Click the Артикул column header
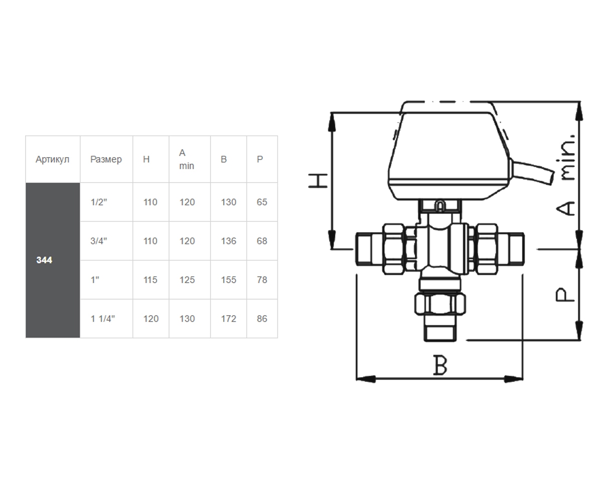click(53, 159)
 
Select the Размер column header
click(106, 159)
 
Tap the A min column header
click(187, 159)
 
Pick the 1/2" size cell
click(99, 202)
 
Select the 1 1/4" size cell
click(103, 318)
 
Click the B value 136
click(229, 241)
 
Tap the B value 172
click(229, 318)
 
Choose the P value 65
click(262, 202)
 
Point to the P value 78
click(262, 280)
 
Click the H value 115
click(150, 280)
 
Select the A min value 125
click(187, 280)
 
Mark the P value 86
click(262, 318)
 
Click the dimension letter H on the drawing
click(318, 181)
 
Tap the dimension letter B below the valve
click(440, 365)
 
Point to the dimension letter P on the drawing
click(564, 295)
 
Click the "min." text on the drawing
click(567, 158)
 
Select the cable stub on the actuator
click(532, 172)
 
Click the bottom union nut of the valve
click(440, 304)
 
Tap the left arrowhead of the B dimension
click(366, 379)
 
